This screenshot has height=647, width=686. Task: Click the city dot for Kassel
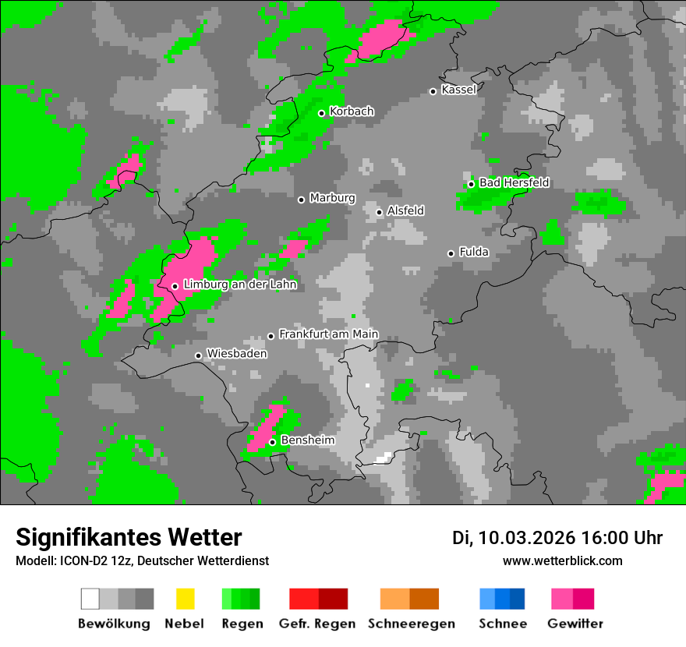433,91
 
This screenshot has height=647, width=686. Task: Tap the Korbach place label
352,111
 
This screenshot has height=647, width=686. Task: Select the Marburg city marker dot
301,200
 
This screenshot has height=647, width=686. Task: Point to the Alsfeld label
405,210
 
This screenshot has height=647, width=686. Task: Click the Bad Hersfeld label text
514,182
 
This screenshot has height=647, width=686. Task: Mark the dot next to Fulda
451,253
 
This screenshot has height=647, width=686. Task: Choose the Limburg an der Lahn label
239,285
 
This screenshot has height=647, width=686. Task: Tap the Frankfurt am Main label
328,334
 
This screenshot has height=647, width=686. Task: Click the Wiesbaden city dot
198,355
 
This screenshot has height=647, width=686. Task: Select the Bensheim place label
307,440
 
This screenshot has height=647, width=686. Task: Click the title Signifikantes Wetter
129,537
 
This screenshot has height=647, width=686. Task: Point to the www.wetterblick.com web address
562,560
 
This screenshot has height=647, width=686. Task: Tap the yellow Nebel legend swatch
184,599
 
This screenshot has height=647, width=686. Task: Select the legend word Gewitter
575,624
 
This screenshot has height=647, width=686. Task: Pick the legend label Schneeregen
412,624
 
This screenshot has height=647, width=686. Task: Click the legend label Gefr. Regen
316,624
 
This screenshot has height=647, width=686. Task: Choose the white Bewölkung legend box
90,599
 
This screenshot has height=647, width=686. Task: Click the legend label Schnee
503,624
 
